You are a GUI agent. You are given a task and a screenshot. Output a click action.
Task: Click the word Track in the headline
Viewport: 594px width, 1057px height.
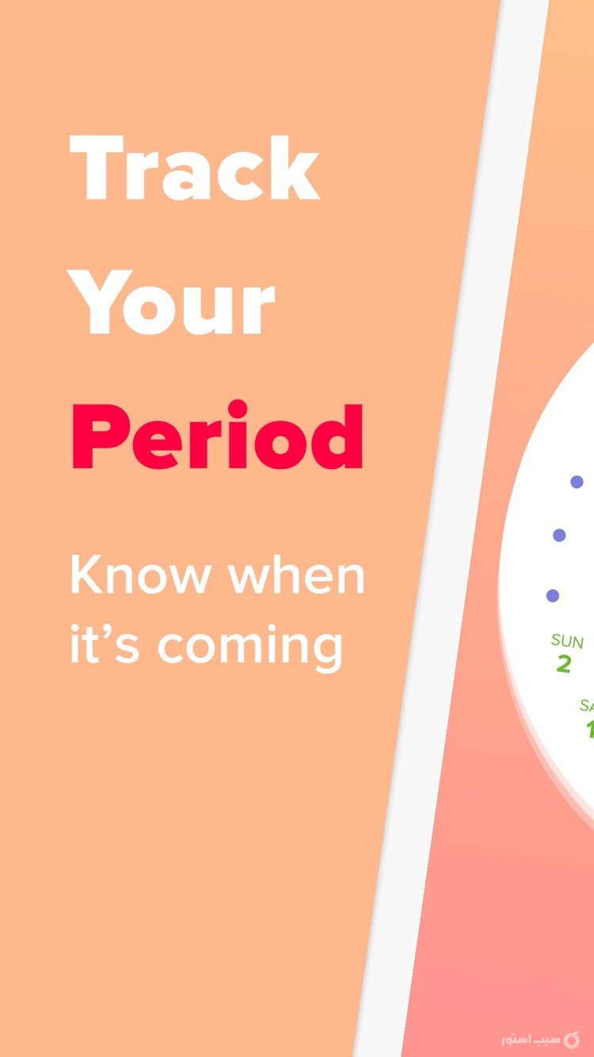195,169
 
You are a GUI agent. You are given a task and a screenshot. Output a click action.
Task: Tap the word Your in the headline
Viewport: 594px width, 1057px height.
173,303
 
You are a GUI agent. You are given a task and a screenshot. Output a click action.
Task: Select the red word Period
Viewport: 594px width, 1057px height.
218,437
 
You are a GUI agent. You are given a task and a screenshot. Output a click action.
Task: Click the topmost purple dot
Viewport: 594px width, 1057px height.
577,482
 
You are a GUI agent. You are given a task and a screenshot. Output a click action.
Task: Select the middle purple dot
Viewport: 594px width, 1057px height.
559,536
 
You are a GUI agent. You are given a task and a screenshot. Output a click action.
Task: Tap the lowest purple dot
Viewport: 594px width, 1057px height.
553,596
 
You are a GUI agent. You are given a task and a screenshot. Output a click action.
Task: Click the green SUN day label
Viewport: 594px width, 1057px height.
567,641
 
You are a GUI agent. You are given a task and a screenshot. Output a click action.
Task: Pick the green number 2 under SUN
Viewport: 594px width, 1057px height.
563,664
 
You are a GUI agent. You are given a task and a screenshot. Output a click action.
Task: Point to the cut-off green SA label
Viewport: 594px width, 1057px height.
587,705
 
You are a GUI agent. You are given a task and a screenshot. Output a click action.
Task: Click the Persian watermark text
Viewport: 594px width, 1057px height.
530,1039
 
